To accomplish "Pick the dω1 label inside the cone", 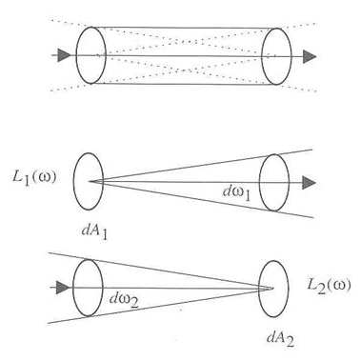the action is point(230,193).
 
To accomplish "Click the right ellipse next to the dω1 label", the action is point(274,179).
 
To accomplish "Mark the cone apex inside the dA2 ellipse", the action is point(272,288).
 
